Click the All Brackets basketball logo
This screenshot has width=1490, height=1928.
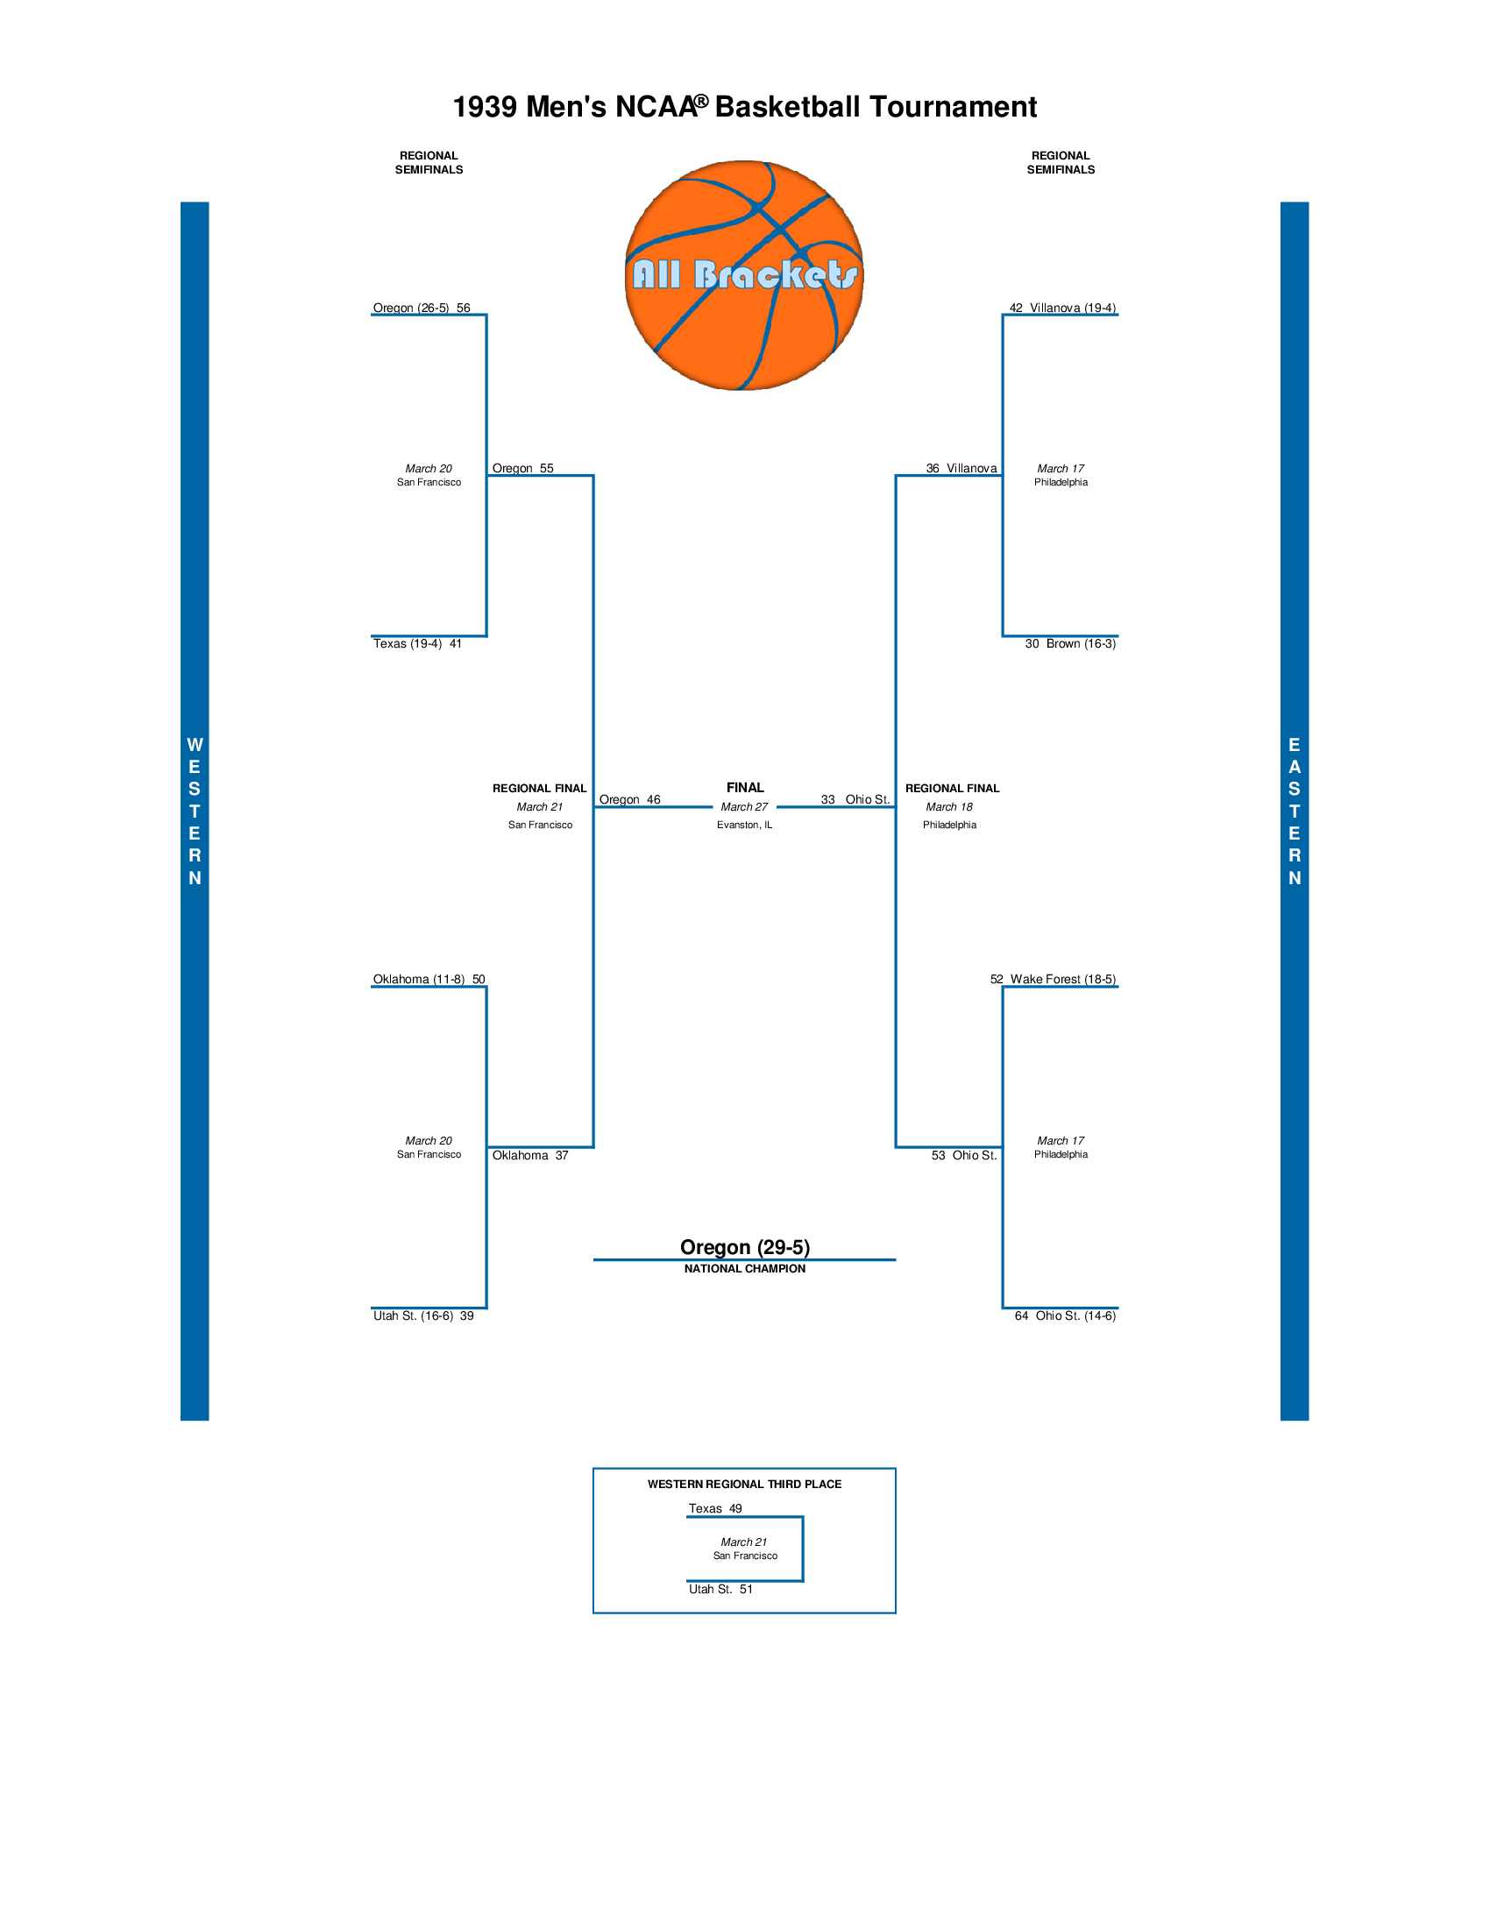pyautogui.click(x=744, y=274)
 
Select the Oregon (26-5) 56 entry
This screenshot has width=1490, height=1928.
pyautogui.click(x=421, y=308)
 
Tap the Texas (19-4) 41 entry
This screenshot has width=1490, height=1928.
pyautogui.click(x=416, y=643)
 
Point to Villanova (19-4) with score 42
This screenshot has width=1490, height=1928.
pyautogui.click(x=1062, y=308)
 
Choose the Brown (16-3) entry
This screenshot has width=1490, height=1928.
pyautogui.click(x=1070, y=643)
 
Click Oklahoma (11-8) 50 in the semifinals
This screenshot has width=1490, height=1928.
pyautogui.click(x=428, y=979)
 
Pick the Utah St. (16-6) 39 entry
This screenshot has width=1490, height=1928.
pyautogui.click(x=422, y=1315)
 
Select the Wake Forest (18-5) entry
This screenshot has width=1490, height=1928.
pyautogui.click(x=1052, y=979)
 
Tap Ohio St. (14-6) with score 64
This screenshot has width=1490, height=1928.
pyautogui.click(x=1065, y=1315)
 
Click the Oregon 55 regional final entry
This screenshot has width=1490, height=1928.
pyautogui.click(x=522, y=469)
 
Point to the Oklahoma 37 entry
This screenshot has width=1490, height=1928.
pyautogui.click(x=529, y=1156)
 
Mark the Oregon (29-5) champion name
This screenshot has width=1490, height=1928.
pyautogui.click(x=744, y=1246)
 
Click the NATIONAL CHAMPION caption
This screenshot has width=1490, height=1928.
pyautogui.click(x=744, y=1269)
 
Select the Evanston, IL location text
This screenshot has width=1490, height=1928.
pyautogui.click(x=744, y=825)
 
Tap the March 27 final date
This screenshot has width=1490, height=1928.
pyautogui.click(x=744, y=807)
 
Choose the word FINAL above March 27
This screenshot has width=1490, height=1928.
pyautogui.click(x=744, y=788)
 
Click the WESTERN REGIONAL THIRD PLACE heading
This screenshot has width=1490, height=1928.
pyautogui.click(x=744, y=1484)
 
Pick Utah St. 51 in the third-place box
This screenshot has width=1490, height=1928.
pyautogui.click(x=720, y=1589)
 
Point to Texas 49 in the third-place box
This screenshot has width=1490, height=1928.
pyautogui.click(x=715, y=1509)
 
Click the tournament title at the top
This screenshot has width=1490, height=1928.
pyautogui.click(x=744, y=107)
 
